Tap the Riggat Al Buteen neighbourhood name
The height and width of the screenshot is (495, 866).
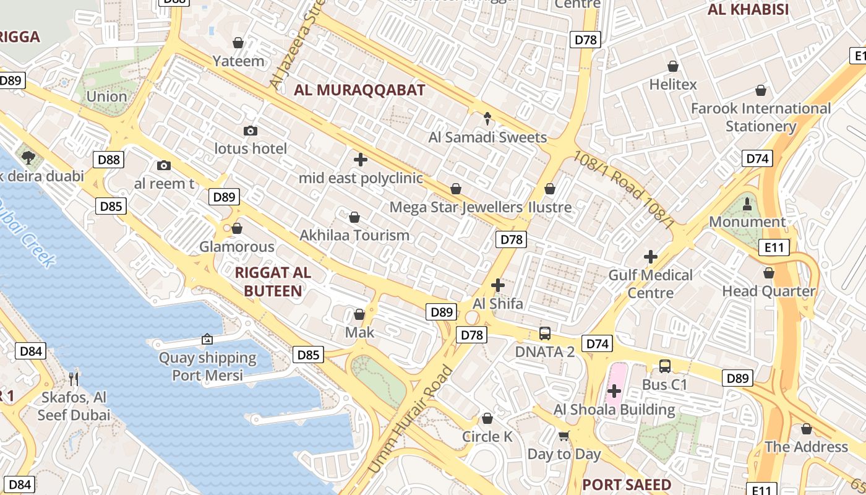pyautogui.click(x=273, y=282)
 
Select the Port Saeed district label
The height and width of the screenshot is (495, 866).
pyautogui.click(x=626, y=484)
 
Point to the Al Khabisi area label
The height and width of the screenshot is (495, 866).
pyautogui.click(x=748, y=10)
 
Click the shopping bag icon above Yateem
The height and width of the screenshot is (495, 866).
pyautogui.click(x=238, y=43)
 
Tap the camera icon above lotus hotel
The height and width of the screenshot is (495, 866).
pyautogui.click(x=251, y=131)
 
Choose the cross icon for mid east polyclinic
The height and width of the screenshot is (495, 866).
pyautogui.click(x=361, y=160)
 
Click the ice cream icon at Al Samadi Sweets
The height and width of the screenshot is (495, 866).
pyautogui.click(x=487, y=118)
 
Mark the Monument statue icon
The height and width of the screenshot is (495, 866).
pyautogui.click(x=747, y=204)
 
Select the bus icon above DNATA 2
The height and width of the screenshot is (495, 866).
pyautogui.click(x=545, y=334)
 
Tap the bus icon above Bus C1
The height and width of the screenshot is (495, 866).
pyautogui.click(x=665, y=366)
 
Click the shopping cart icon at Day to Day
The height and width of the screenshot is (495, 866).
pyautogui.click(x=564, y=436)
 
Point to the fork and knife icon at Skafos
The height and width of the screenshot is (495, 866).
pyautogui.click(x=74, y=379)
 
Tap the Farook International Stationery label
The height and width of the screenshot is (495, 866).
pyautogui.click(x=760, y=117)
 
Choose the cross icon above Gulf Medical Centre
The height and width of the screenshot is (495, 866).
pyautogui.click(x=651, y=257)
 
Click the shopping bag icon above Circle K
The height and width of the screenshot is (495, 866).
pyautogui.click(x=487, y=419)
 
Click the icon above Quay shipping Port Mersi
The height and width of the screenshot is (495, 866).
pyautogui.click(x=207, y=339)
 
